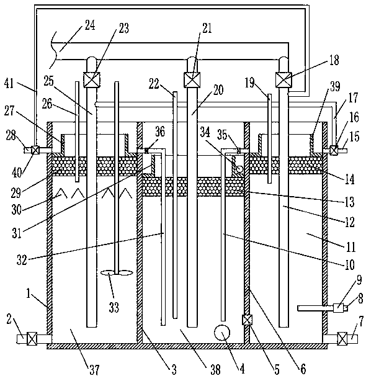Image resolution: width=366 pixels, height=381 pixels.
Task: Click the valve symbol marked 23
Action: pos(92,79)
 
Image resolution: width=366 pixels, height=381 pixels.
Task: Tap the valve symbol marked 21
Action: pos(192,79)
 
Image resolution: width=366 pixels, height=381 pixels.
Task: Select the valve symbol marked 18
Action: pos(283,79)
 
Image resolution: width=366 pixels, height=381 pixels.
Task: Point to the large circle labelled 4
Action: pos(222,333)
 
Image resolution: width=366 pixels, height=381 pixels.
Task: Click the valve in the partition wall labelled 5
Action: pos(248,320)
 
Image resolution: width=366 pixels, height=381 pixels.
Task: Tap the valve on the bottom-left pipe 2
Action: pos(32,338)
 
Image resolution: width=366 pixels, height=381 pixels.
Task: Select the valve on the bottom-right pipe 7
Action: pos(342,338)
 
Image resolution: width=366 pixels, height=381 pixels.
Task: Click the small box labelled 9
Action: pos(338,308)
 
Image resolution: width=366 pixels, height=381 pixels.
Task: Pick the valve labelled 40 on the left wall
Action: pos(35,150)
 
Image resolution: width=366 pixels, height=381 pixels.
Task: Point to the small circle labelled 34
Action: pos(239,169)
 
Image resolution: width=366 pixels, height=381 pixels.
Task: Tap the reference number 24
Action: pos(89,25)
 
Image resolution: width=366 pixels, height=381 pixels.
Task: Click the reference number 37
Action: pos(94,370)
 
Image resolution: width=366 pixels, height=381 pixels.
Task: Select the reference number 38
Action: pos(215,370)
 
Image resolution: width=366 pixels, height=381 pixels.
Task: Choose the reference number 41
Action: pos(9,84)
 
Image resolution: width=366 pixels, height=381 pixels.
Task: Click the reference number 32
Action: pos(22,259)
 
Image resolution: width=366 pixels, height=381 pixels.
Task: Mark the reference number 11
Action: pos(350,248)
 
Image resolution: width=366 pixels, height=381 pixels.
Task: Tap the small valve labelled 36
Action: pos(146,151)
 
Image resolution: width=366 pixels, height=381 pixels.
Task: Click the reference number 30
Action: pos(17,209)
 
